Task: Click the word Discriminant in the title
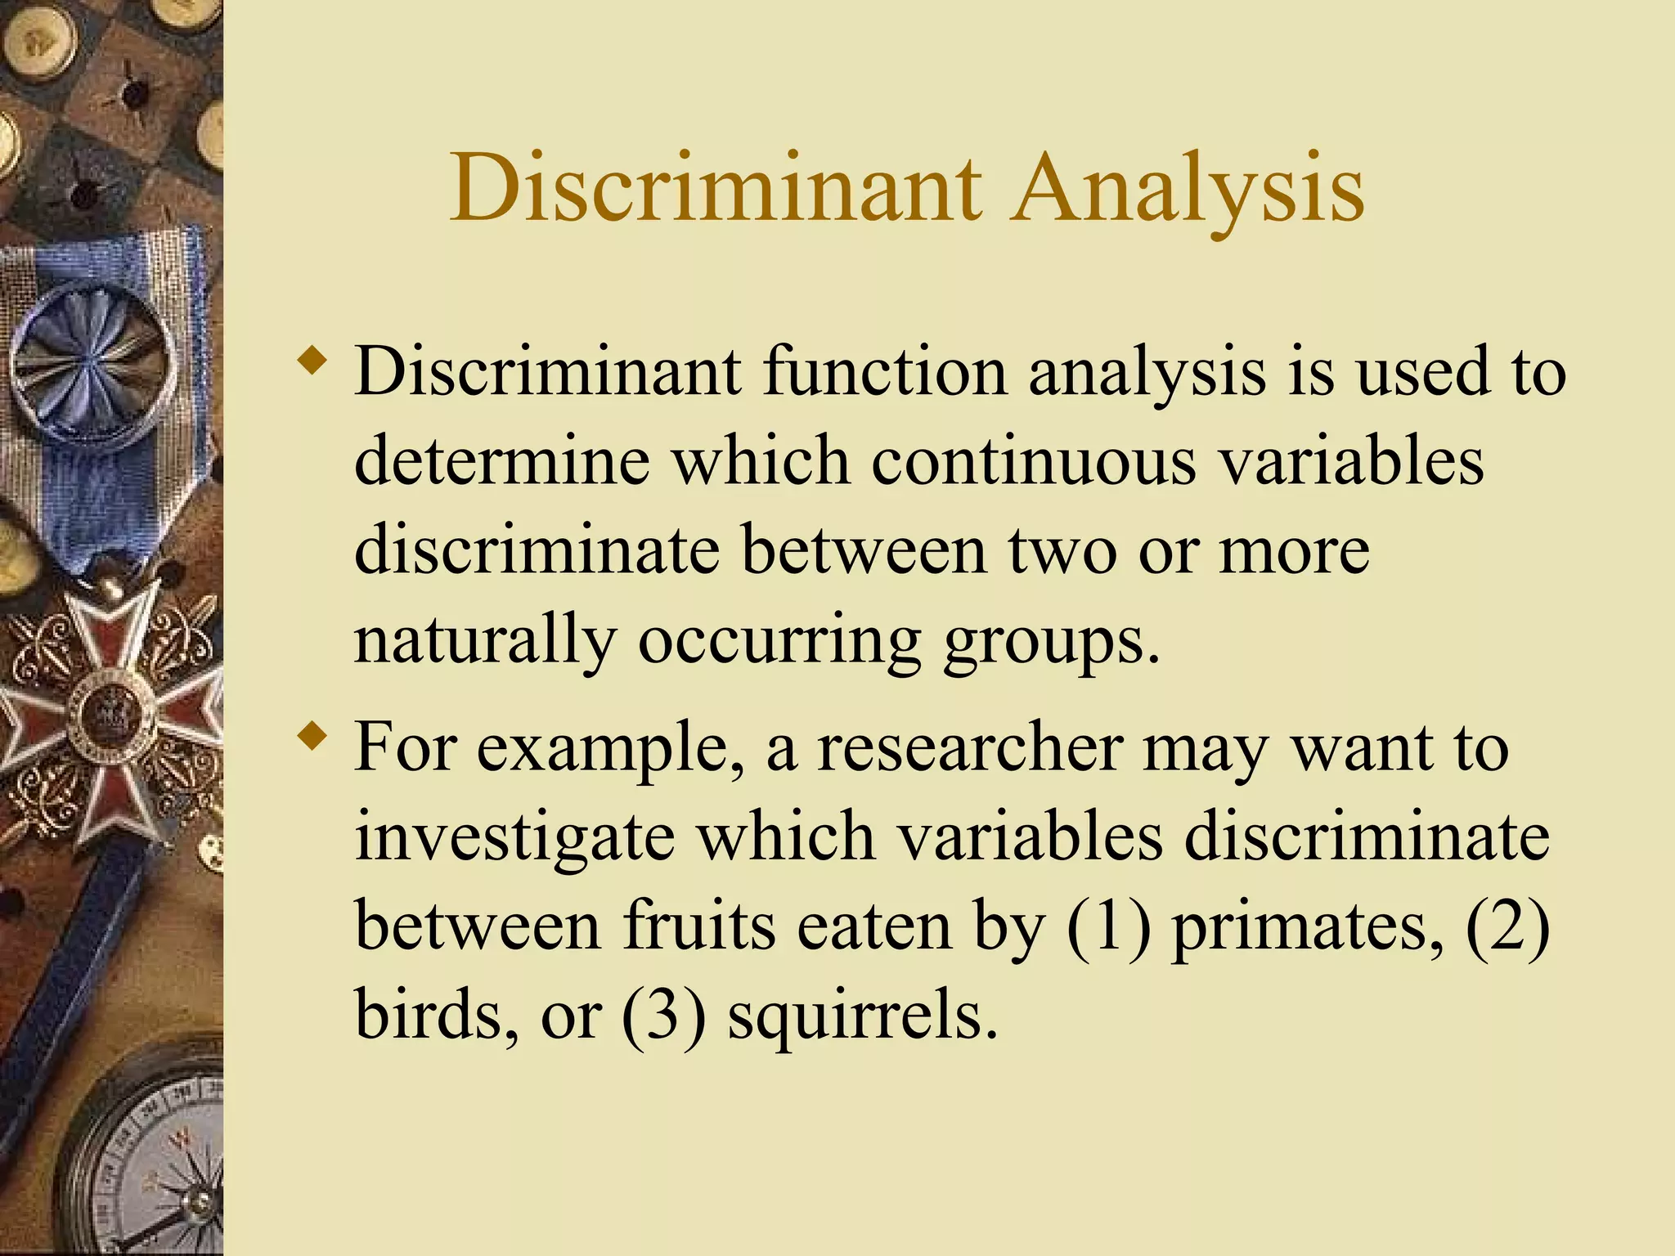click(x=716, y=188)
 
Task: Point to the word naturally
click(x=484, y=642)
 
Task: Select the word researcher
click(x=970, y=748)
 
